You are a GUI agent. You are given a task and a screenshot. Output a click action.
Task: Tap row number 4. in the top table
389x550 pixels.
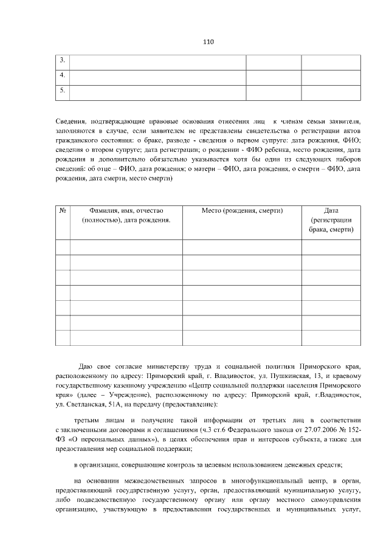click(x=62, y=76)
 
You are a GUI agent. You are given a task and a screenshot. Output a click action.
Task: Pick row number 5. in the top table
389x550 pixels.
click(x=62, y=91)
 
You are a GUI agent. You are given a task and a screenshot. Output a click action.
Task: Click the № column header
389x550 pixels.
click(x=63, y=210)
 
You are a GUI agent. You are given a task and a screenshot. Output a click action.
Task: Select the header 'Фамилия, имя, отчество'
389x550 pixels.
click(x=126, y=210)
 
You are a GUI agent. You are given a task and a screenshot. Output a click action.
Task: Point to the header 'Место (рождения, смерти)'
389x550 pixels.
click(x=241, y=210)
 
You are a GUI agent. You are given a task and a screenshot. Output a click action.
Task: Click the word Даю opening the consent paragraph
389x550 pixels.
click(x=85, y=367)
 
